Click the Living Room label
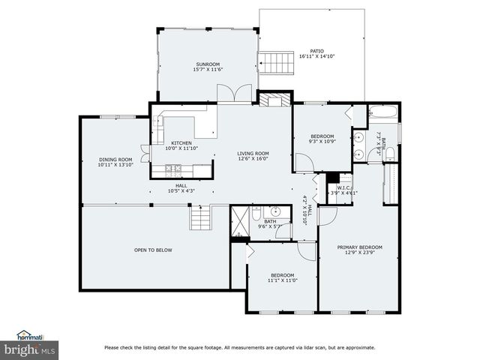[x=253, y=154]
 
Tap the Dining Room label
[x=115, y=159]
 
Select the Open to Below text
[x=153, y=250]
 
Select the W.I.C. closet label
[x=344, y=187]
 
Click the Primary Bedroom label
[x=359, y=247]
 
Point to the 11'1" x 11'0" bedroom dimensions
[x=283, y=280]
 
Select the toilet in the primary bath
[x=389, y=154]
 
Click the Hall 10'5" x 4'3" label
[x=181, y=188]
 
